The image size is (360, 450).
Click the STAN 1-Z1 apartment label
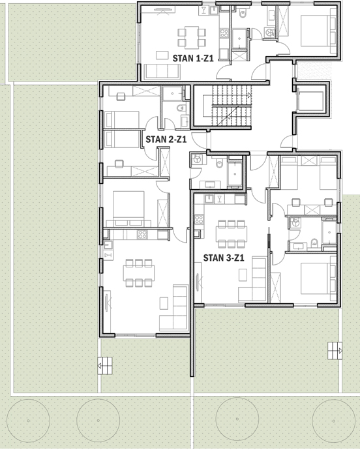pyautogui.click(x=193, y=58)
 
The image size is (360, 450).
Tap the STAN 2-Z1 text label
pyautogui.click(x=166, y=139)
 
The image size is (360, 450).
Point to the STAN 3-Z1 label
pyautogui.click(x=224, y=258)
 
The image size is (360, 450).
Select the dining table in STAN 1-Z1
pyautogui.click(x=192, y=37)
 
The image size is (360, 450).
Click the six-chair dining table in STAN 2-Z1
pyautogui.click(x=139, y=273)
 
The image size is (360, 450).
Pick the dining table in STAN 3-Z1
pyautogui.click(x=232, y=234)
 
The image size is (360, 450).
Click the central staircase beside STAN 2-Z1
pyautogui.click(x=228, y=106)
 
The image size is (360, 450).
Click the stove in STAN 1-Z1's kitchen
pyautogui.click(x=224, y=33)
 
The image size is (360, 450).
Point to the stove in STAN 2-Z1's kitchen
pyautogui.click(x=142, y=235)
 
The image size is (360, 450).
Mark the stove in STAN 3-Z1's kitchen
pyautogui.click(x=199, y=220)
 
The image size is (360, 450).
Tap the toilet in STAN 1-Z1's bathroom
pyautogui.click(x=243, y=14)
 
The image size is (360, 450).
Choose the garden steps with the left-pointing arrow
pyautogui.click(x=105, y=366)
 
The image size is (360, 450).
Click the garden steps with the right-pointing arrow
pyautogui.click(x=335, y=350)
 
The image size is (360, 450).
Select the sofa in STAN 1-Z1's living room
pyautogui.click(x=162, y=71)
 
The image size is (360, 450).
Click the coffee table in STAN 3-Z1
pyautogui.click(x=243, y=275)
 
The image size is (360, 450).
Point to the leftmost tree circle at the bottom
pyautogui.click(x=28, y=421)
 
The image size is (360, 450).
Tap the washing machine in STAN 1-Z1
pyautogui.click(x=269, y=33)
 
